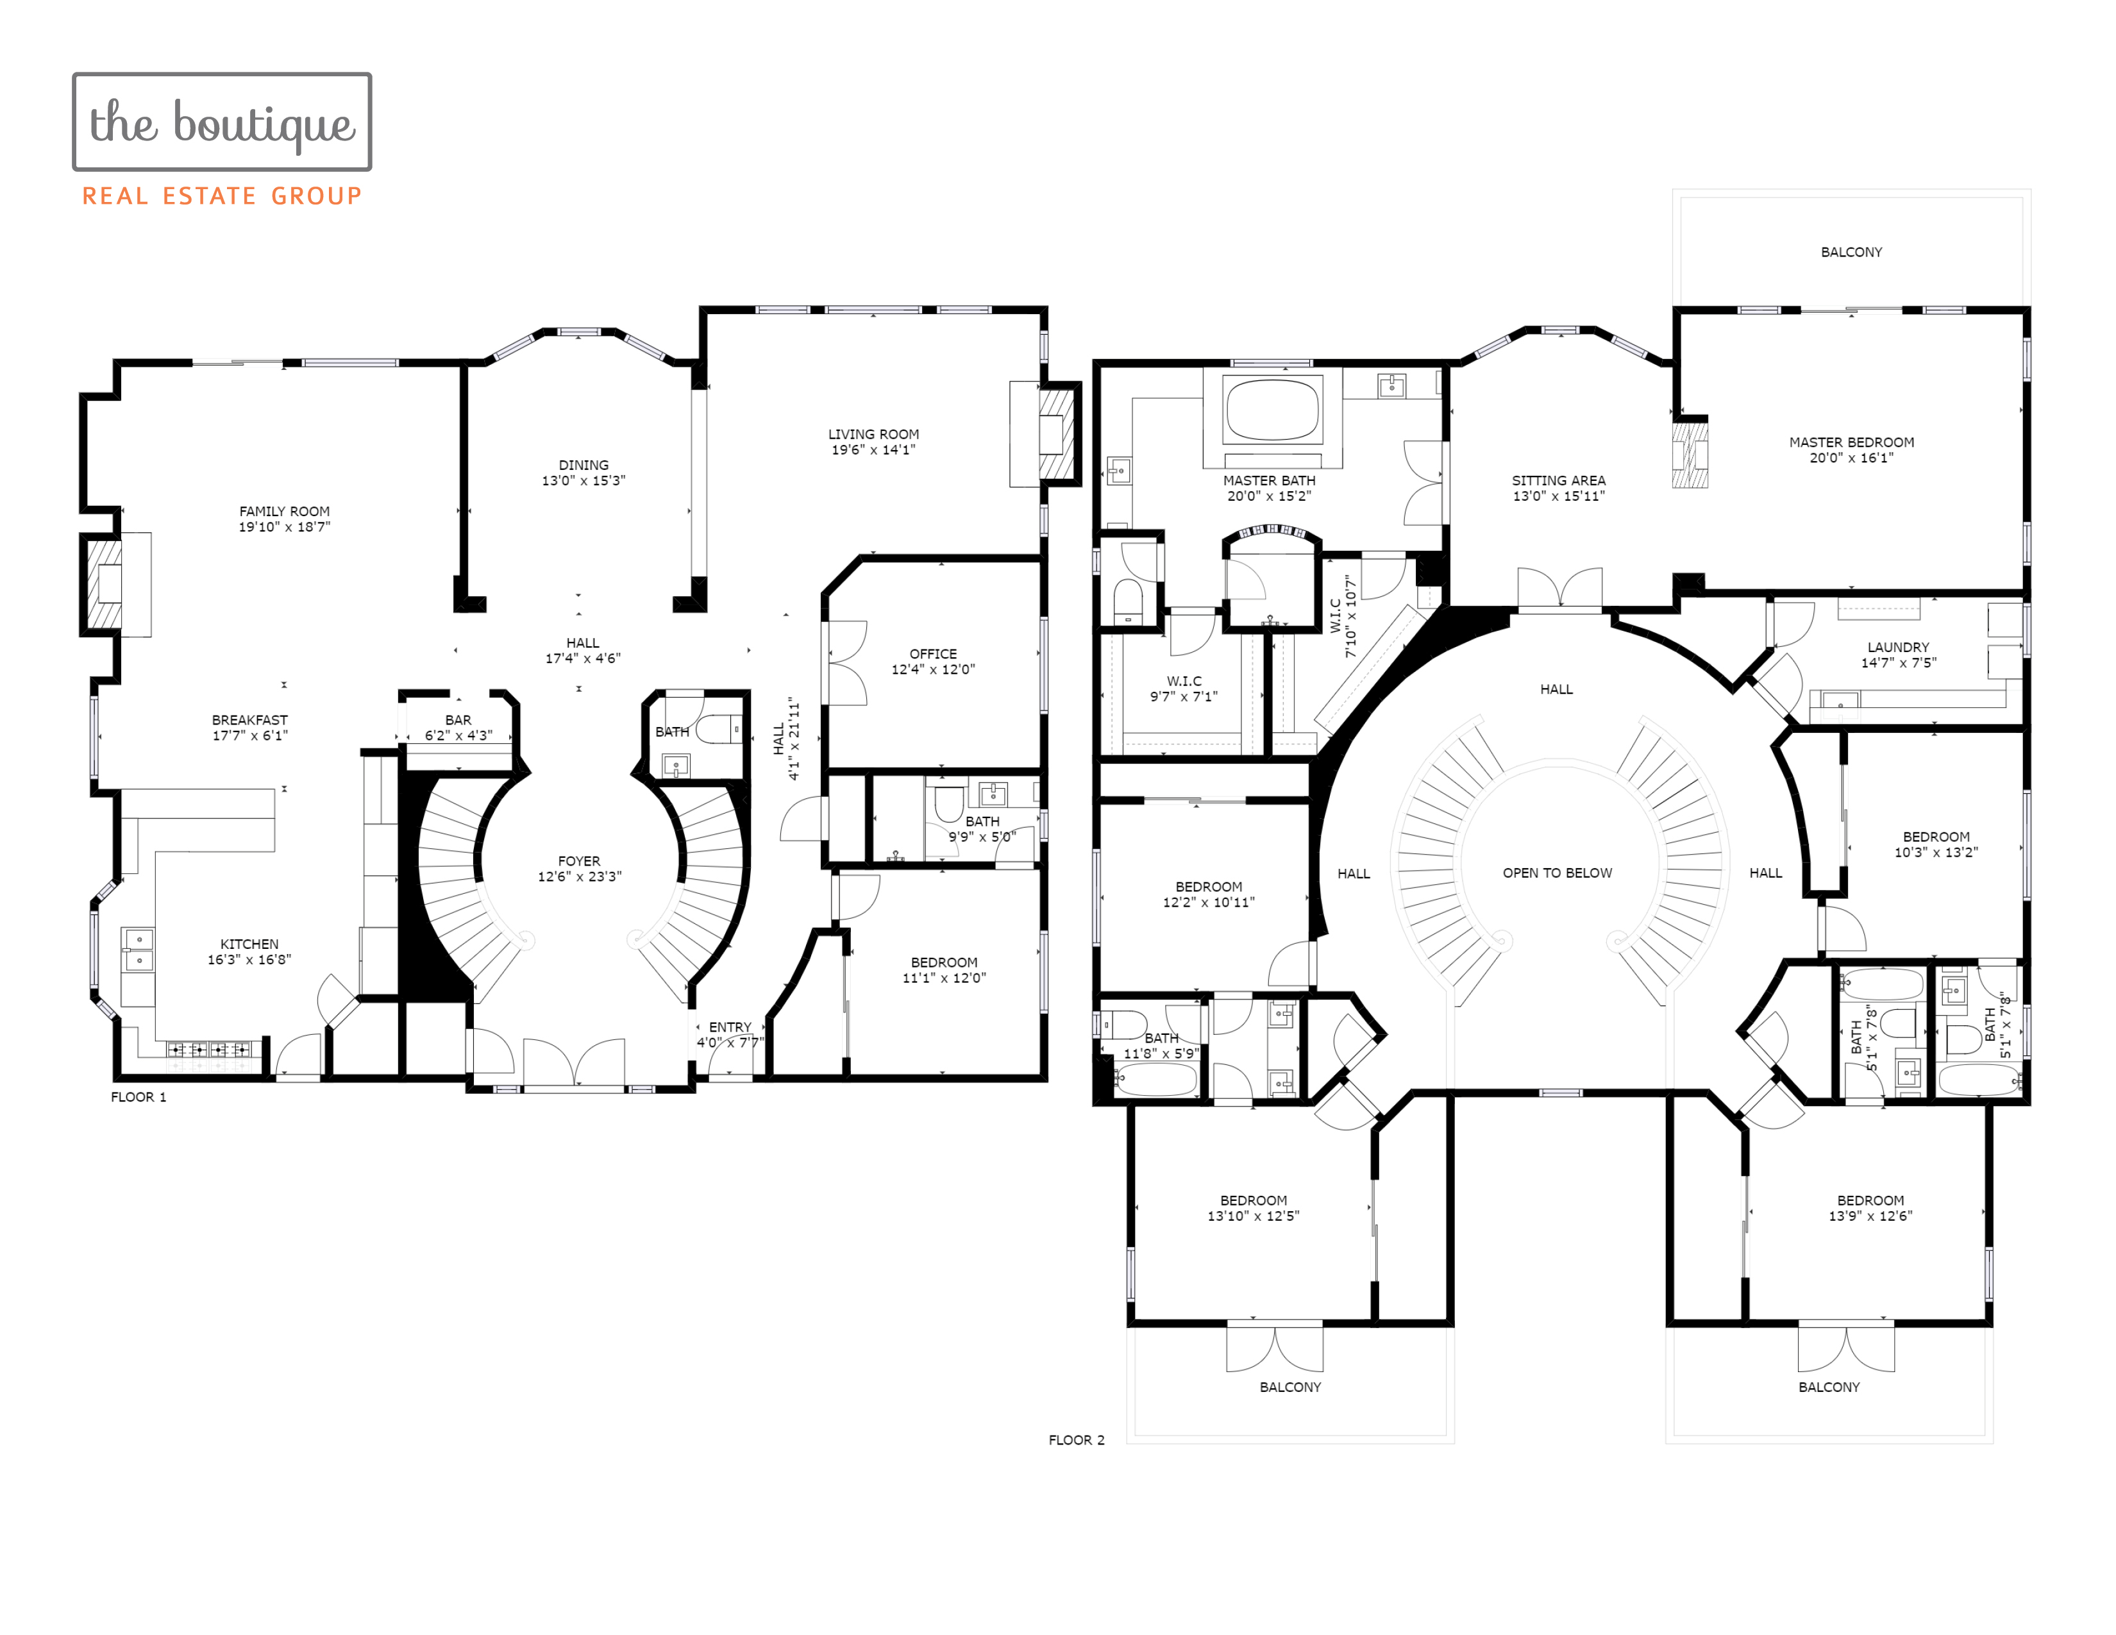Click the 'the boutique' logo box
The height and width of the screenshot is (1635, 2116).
[222, 122]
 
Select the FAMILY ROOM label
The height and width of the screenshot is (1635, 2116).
[285, 512]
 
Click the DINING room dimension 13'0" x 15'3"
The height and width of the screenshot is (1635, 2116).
[584, 480]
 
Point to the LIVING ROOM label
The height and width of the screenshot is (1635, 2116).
[873, 434]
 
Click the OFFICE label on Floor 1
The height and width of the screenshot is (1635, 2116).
[933, 654]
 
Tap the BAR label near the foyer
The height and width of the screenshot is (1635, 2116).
[458, 719]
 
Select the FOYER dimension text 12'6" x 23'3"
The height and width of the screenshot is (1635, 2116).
[580, 876]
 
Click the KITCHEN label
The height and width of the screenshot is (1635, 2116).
[249, 944]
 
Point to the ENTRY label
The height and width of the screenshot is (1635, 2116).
[730, 1027]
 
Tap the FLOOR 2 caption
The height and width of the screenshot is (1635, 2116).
[1077, 1440]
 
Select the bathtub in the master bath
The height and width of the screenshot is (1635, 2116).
[1272, 409]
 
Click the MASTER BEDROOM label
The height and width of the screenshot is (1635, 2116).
[1852, 442]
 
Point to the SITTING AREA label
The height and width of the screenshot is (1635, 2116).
[1559, 480]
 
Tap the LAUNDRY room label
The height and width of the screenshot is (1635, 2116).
[1898, 647]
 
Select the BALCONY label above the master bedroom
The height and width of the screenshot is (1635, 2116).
[1852, 252]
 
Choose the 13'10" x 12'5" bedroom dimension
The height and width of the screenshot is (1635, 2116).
[1253, 1216]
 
